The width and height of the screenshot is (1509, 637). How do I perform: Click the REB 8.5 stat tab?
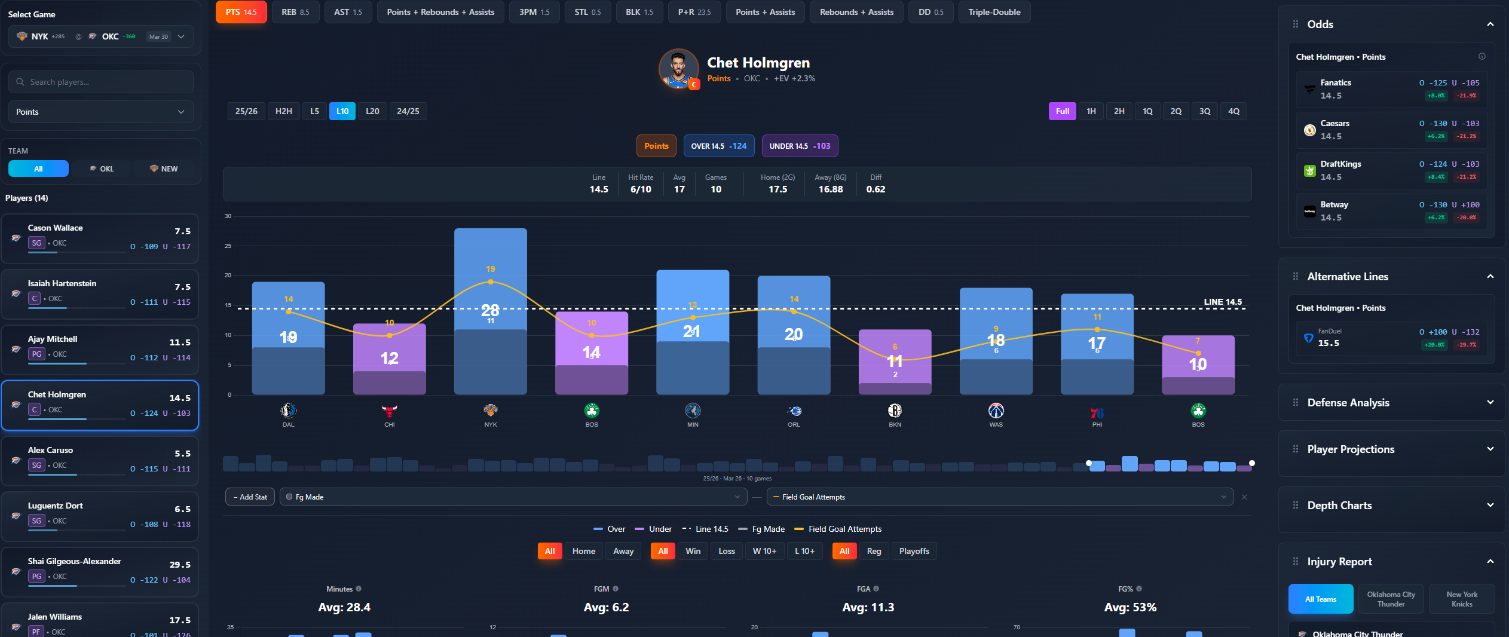tap(295, 12)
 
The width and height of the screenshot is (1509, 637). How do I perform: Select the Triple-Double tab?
tap(994, 12)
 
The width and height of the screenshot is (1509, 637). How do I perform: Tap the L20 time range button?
tap(372, 111)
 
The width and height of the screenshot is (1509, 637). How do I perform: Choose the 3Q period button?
tap(1204, 111)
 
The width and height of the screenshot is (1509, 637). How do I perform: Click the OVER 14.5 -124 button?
tap(718, 146)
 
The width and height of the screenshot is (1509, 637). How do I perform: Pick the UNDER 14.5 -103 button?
tap(799, 146)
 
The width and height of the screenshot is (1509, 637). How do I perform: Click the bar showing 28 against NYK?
tap(490, 311)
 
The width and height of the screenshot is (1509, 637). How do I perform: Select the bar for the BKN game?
tap(895, 362)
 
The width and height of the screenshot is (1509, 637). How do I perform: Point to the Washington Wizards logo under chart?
tap(996, 411)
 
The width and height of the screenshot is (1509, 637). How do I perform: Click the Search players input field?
tap(102, 82)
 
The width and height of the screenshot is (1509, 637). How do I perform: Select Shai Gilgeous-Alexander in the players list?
tap(75, 561)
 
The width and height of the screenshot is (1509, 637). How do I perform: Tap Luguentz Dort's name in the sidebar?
tap(56, 506)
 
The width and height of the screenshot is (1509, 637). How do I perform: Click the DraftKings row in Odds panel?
tap(1391, 170)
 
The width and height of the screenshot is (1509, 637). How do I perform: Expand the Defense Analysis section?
tap(1391, 403)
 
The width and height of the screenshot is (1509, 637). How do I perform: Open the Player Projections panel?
tap(1391, 449)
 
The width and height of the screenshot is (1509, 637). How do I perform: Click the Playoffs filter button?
tap(914, 551)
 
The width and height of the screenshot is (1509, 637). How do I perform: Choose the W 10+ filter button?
tap(764, 551)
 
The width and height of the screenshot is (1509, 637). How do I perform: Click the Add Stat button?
tap(250, 497)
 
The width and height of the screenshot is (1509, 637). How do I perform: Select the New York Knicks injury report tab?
tap(1461, 599)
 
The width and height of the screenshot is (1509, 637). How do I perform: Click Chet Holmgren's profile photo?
tap(678, 69)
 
